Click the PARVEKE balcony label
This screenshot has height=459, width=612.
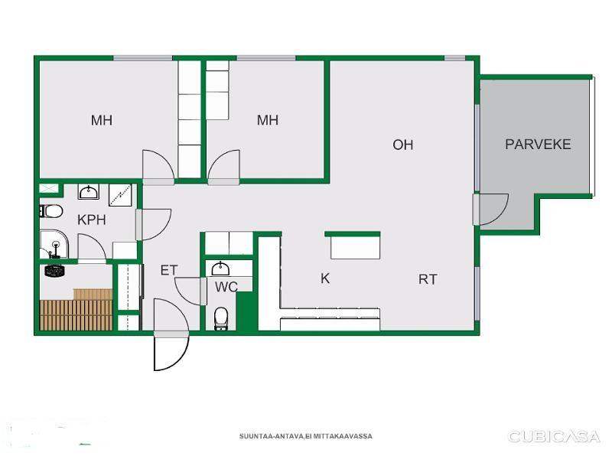point(538,145)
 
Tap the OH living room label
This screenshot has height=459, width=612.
point(403,145)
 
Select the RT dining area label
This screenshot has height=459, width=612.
point(428,279)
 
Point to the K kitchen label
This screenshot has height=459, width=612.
point(325,278)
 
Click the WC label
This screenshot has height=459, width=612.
point(226,287)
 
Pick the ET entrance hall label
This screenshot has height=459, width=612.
point(169,270)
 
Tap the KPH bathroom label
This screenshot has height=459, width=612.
point(92,220)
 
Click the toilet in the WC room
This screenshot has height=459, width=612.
point(221,318)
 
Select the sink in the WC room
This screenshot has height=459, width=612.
point(220,269)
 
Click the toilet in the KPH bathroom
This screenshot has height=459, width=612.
point(51,212)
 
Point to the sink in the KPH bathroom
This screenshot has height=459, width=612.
point(89,192)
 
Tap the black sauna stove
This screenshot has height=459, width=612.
point(54,271)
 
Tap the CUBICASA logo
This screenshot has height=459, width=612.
point(553,436)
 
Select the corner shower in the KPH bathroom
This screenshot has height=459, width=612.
point(54,244)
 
